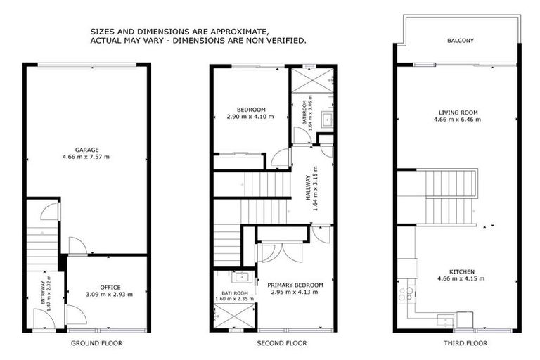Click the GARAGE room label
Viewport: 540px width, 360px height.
[x=87, y=149]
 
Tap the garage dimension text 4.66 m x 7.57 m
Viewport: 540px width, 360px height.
[x=87, y=156]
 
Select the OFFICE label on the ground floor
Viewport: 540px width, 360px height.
[x=110, y=287]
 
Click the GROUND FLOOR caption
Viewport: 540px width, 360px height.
[x=96, y=344]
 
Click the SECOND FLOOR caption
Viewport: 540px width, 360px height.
[x=275, y=344]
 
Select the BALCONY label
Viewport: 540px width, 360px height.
[x=461, y=41]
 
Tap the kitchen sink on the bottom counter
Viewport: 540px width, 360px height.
[x=444, y=321]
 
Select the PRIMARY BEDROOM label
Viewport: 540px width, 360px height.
[x=295, y=285]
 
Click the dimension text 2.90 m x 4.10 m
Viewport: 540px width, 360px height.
[x=250, y=117]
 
